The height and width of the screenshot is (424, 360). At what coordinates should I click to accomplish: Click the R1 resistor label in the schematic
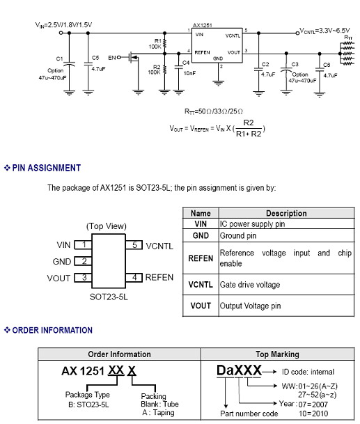[x=157, y=41]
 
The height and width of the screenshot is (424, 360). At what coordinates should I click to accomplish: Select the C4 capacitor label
[x=186, y=63]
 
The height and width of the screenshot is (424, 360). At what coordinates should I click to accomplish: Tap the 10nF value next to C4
[x=189, y=73]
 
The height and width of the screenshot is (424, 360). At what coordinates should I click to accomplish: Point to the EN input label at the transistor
[x=111, y=58]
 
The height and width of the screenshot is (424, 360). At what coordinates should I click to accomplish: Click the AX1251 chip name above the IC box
[x=203, y=25]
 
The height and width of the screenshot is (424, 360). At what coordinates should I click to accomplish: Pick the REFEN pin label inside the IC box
[x=202, y=52]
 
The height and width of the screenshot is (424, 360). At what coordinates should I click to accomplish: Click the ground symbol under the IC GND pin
[x=218, y=83]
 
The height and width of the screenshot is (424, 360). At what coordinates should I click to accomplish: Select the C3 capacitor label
[x=295, y=64]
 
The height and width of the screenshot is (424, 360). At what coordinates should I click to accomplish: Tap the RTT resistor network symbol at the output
[x=347, y=54]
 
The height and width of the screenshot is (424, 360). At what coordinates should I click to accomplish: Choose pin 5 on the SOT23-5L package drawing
[x=134, y=245]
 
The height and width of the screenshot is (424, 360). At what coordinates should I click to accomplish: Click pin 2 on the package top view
[x=84, y=261]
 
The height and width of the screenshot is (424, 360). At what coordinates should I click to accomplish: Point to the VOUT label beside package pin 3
[x=58, y=278]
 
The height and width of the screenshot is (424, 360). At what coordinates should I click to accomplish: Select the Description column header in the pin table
[x=286, y=213]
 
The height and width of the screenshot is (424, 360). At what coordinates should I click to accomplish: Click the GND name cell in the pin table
[x=201, y=235]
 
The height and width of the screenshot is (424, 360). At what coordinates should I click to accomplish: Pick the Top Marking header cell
[x=278, y=354]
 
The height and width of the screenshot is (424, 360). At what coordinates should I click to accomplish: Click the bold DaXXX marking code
[x=239, y=370]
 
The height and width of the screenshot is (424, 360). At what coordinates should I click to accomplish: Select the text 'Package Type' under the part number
[x=87, y=395]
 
